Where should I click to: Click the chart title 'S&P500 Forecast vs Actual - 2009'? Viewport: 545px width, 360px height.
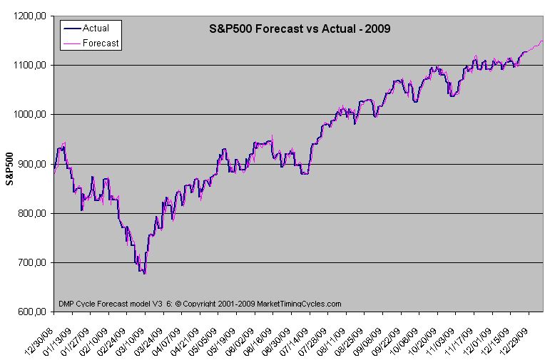point(299,29)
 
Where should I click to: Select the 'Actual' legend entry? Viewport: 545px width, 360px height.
point(96,29)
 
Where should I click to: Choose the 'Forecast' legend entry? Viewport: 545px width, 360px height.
point(101,43)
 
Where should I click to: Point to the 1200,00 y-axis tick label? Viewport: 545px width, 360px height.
point(31,16)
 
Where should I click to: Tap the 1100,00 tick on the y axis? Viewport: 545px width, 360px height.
point(31,65)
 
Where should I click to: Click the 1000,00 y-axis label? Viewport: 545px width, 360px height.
point(31,114)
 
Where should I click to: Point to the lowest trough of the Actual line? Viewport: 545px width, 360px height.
point(144,273)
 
